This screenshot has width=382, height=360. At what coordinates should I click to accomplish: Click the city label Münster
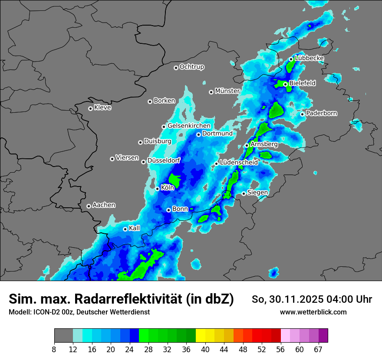[227, 91]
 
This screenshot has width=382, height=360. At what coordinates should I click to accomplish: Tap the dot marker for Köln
[158, 189]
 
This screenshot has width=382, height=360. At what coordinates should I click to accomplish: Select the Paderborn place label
[322, 113]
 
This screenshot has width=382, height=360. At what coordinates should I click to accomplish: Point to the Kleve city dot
[90, 108]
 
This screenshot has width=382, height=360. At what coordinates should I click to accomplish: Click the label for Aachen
[104, 205]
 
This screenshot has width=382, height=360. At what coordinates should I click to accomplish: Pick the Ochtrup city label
[192, 67]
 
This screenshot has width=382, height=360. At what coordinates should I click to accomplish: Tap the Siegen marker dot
[244, 193]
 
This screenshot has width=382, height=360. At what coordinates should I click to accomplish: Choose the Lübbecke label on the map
[310, 58]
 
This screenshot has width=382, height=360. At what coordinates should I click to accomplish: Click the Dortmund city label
[217, 134]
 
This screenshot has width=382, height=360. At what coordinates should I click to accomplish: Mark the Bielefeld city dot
[285, 84]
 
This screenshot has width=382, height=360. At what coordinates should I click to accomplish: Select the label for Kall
[135, 228]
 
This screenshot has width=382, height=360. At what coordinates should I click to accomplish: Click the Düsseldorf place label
[164, 160]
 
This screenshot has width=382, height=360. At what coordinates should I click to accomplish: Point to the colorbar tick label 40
[205, 350]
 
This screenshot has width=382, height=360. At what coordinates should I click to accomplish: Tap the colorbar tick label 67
[319, 350]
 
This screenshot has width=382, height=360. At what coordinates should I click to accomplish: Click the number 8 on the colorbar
[54, 350]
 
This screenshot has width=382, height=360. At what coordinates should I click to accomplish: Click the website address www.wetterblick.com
[313, 312]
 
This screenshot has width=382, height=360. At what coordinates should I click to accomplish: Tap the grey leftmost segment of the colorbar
[63, 336]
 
